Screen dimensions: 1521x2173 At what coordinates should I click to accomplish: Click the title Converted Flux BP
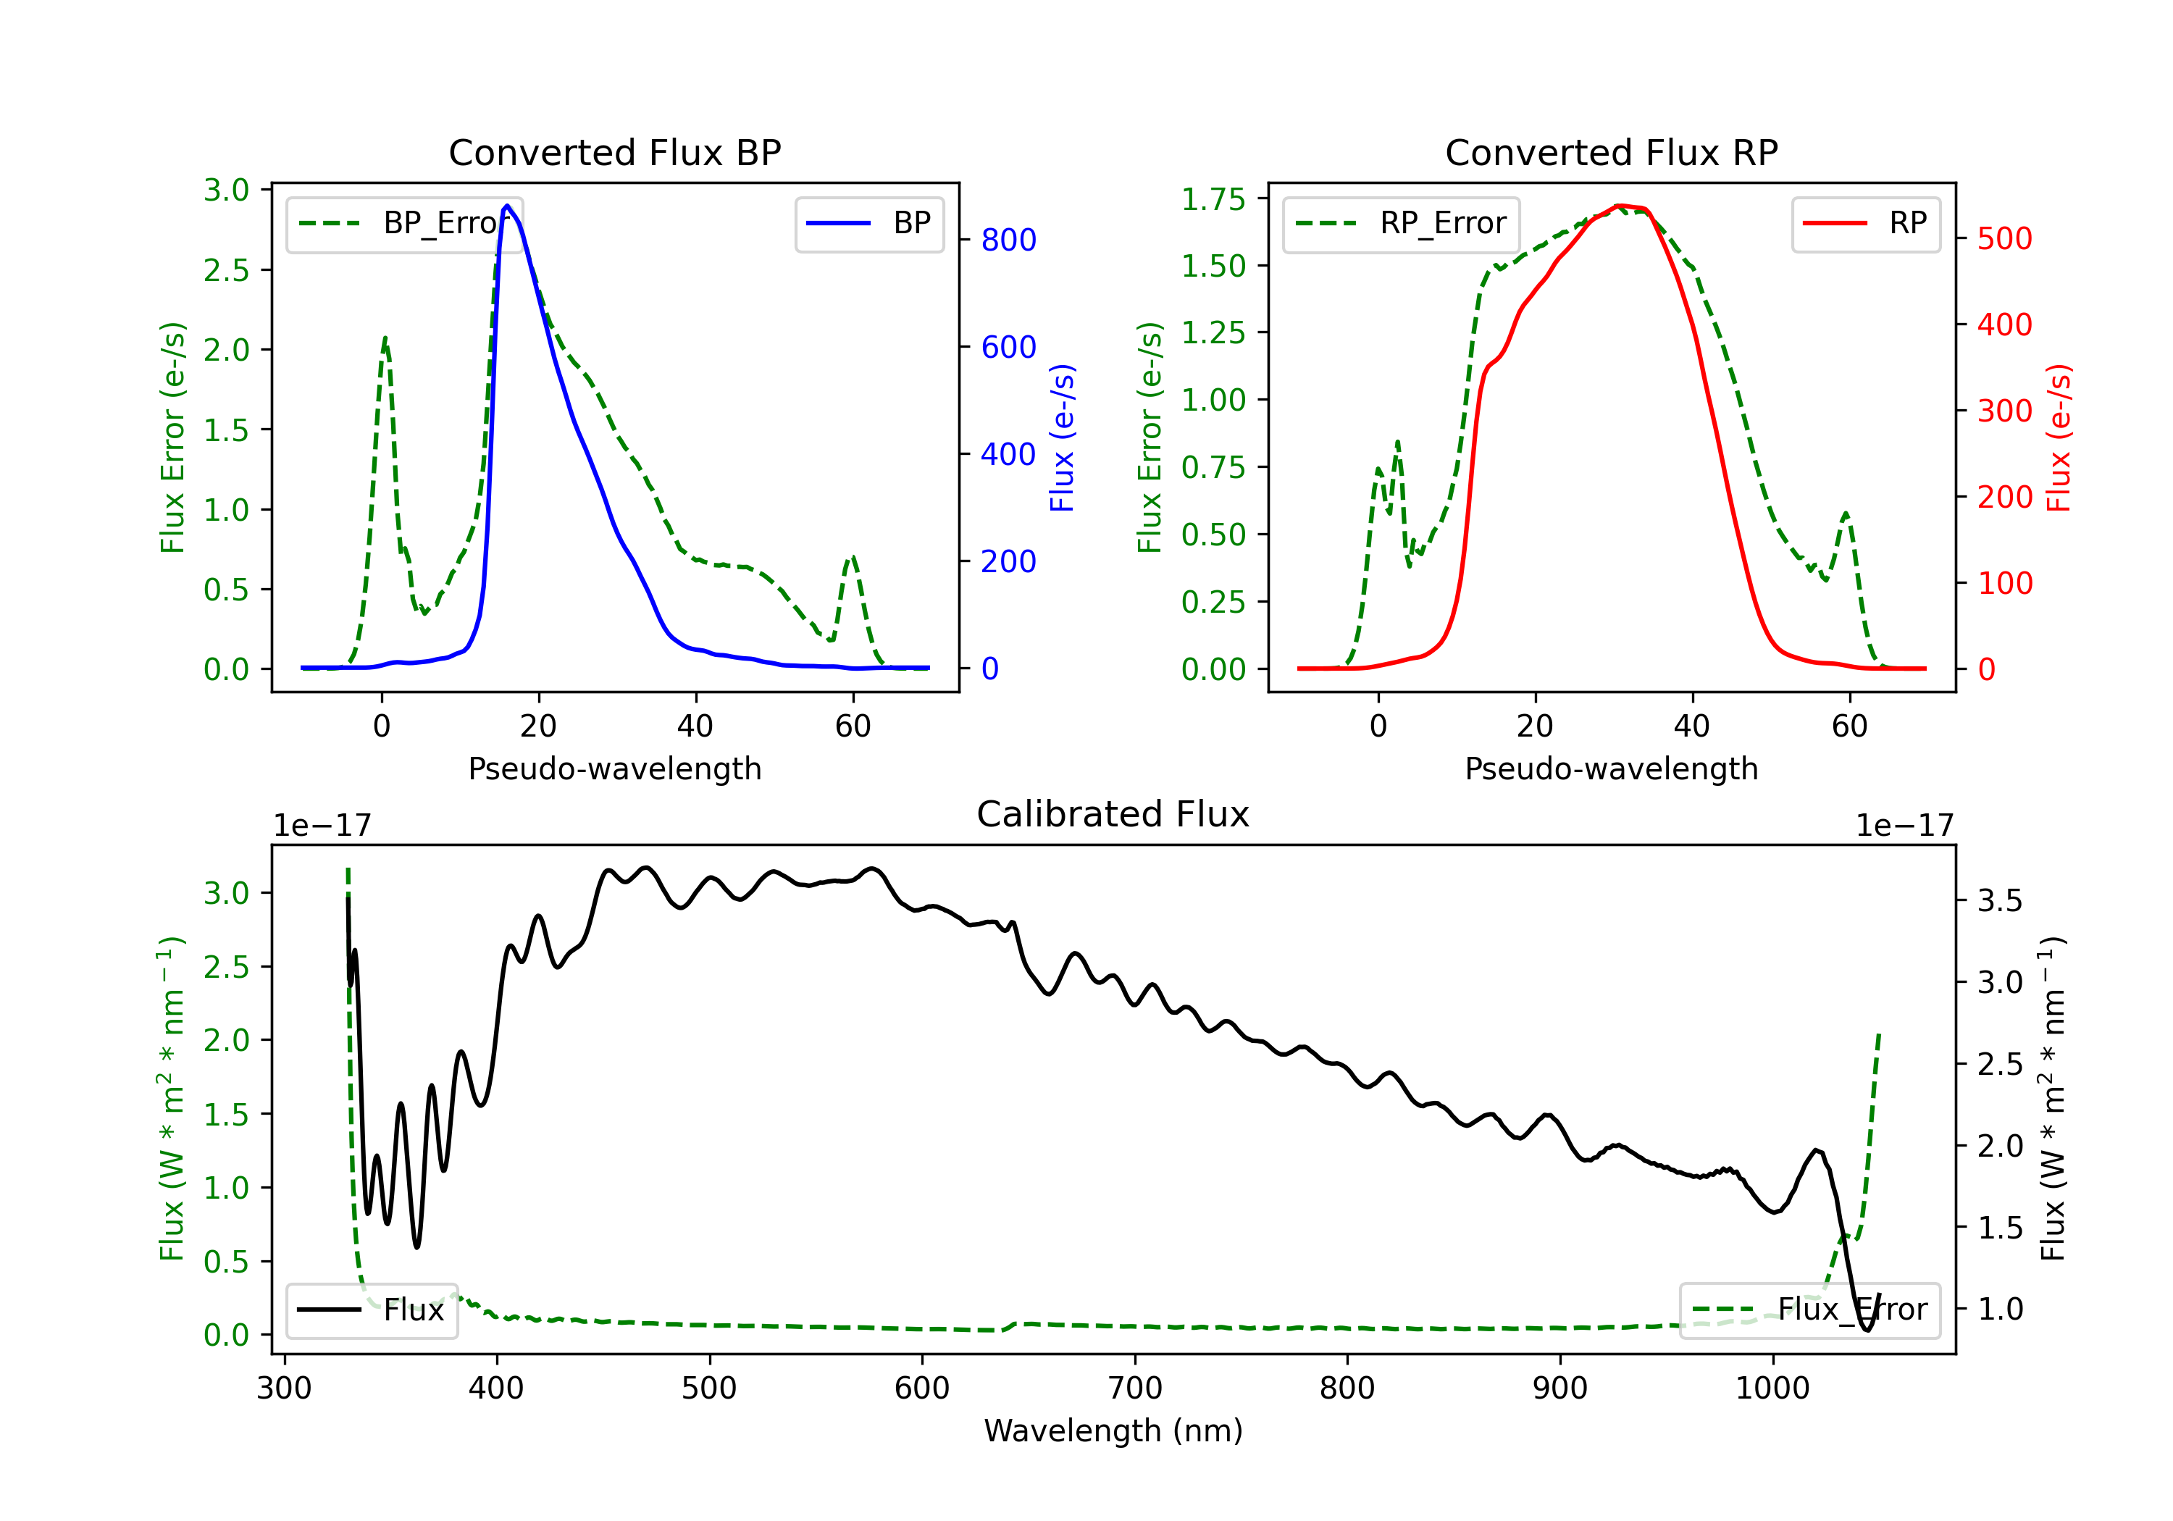point(614,152)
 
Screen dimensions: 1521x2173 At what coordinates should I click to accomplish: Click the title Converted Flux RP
point(1611,152)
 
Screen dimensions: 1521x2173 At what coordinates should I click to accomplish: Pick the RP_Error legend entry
point(1402,223)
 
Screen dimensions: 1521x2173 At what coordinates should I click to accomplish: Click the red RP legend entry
point(1865,223)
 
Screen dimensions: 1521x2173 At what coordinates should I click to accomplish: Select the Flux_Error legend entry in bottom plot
point(1809,1310)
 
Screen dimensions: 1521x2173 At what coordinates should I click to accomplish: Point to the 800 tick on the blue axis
point(1008,240)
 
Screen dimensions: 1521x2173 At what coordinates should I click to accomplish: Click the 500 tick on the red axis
point(2004,238)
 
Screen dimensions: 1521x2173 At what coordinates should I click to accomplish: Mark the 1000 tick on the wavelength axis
point(1772,1388)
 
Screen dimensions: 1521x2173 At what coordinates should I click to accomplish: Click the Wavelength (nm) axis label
point(1113,1431)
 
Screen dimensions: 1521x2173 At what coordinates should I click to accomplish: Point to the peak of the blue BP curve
point(507,206)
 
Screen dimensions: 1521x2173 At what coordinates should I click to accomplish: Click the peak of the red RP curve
point(1620,206)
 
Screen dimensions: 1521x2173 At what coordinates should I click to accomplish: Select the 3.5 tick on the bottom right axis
point(2000,900)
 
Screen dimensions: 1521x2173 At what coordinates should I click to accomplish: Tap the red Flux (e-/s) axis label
point(2059,438)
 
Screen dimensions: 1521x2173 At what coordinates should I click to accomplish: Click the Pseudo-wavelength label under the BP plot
point(614,768)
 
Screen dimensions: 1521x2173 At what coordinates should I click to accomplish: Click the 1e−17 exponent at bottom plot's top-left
point(322,826)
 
